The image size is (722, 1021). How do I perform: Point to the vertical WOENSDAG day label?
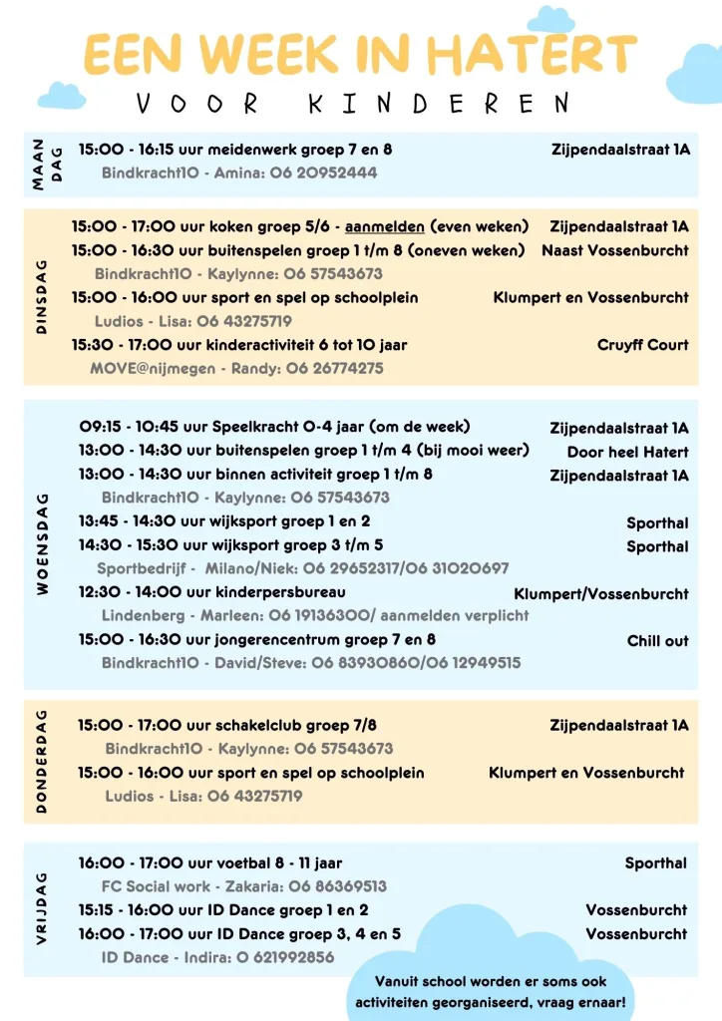(43, 543)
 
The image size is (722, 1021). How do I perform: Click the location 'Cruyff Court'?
(642, 345)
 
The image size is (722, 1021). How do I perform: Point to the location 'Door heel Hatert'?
(627, 452)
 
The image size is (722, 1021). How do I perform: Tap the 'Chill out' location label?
(657, 641)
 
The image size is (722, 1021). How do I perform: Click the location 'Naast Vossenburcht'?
(614, 250)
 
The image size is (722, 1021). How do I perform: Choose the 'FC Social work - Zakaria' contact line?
(243, 885)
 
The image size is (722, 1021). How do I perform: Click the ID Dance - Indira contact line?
(217, 957)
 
